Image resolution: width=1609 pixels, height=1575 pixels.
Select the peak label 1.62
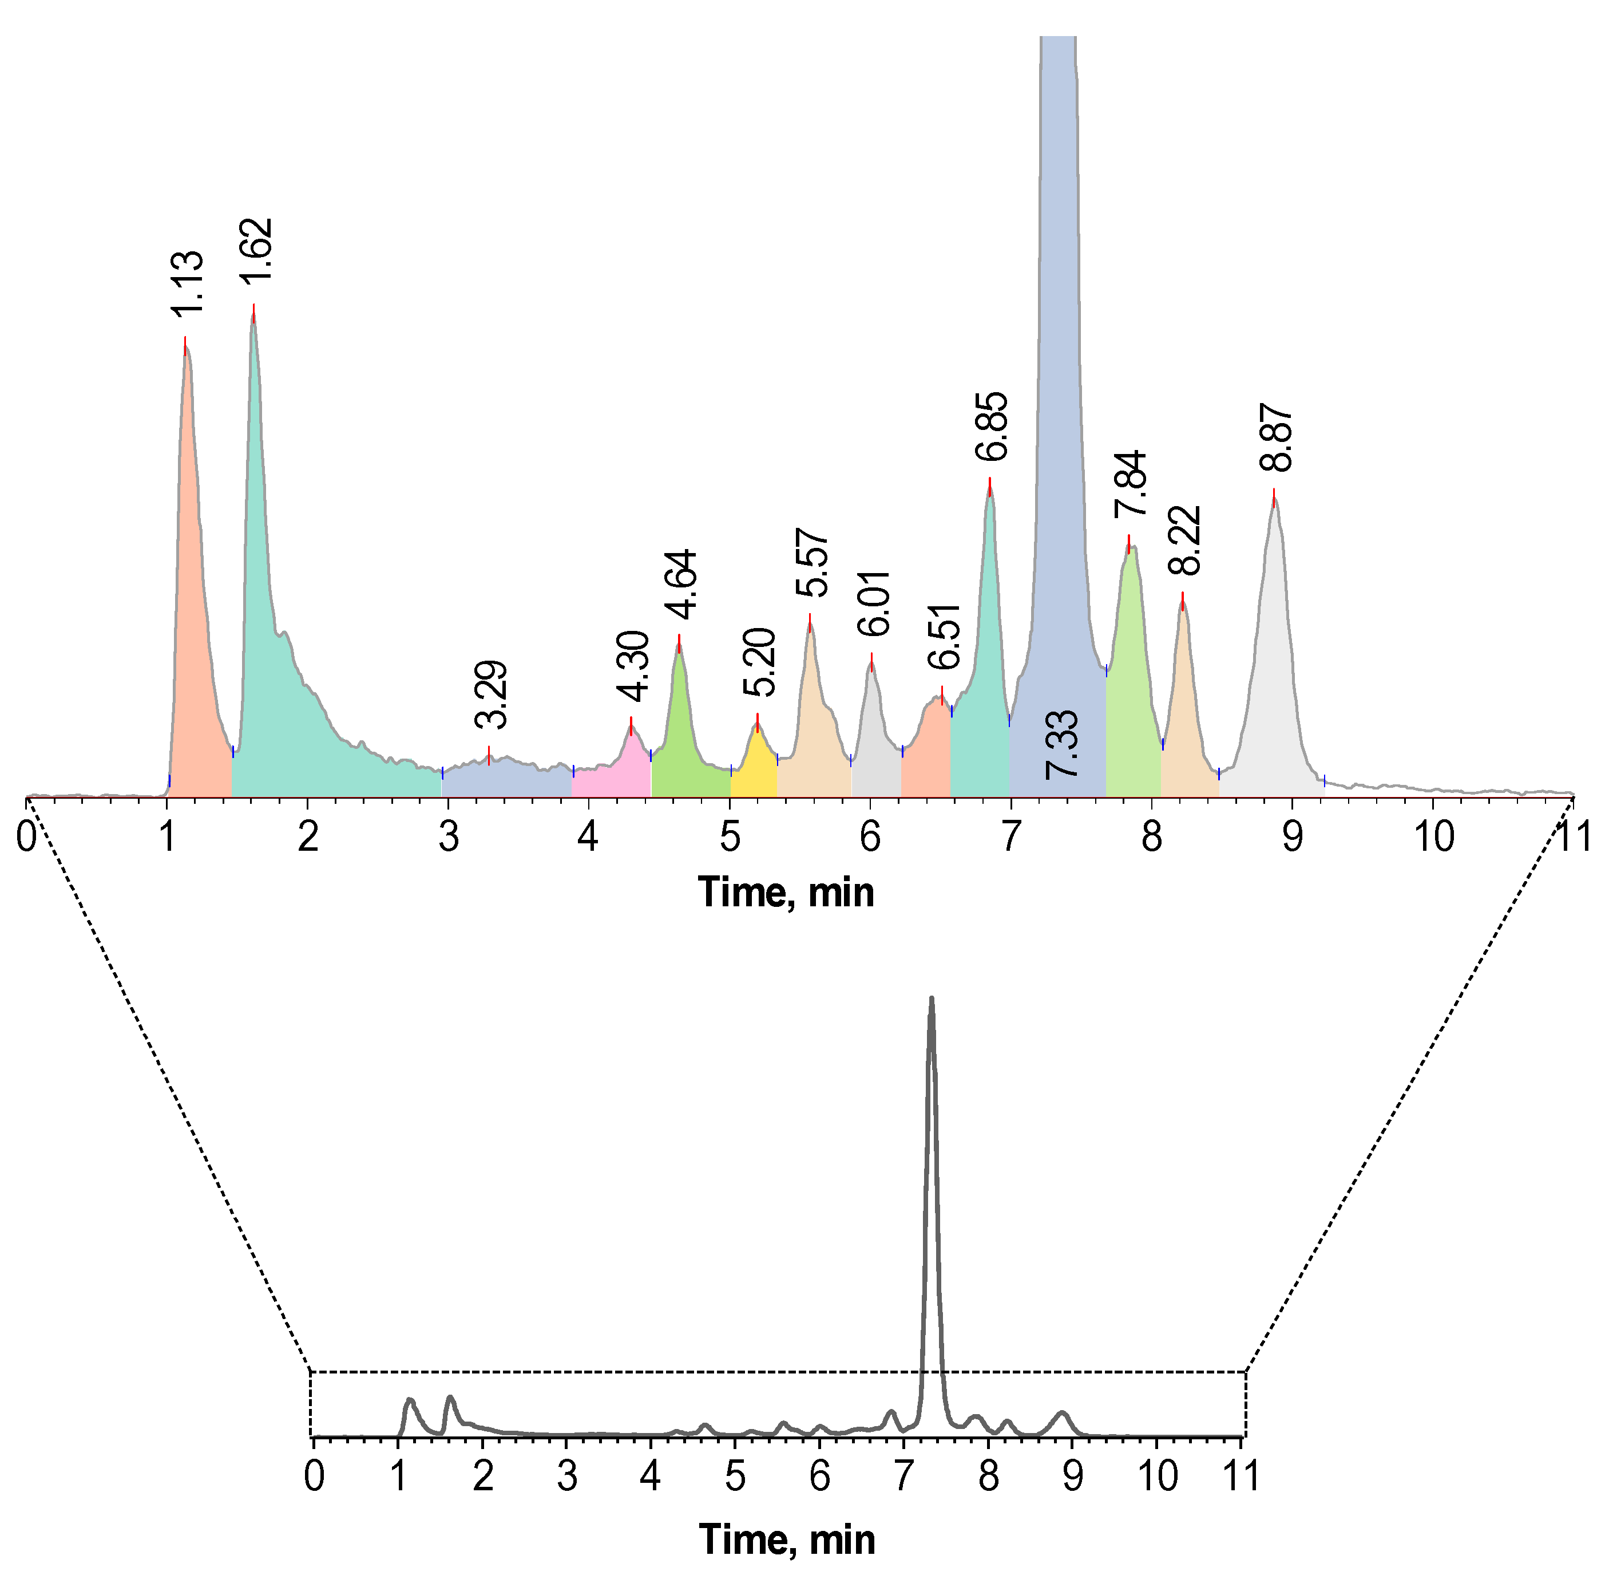257,250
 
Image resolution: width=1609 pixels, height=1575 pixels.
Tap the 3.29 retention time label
493,695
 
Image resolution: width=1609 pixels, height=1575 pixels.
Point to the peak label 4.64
683,585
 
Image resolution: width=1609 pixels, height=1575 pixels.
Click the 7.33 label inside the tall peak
1061,744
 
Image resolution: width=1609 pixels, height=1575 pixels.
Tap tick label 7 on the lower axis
903,1477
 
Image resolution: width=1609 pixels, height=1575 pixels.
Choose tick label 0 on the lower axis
314,1477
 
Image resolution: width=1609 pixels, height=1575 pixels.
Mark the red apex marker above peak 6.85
990,487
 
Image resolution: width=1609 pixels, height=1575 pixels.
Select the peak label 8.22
1186,540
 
